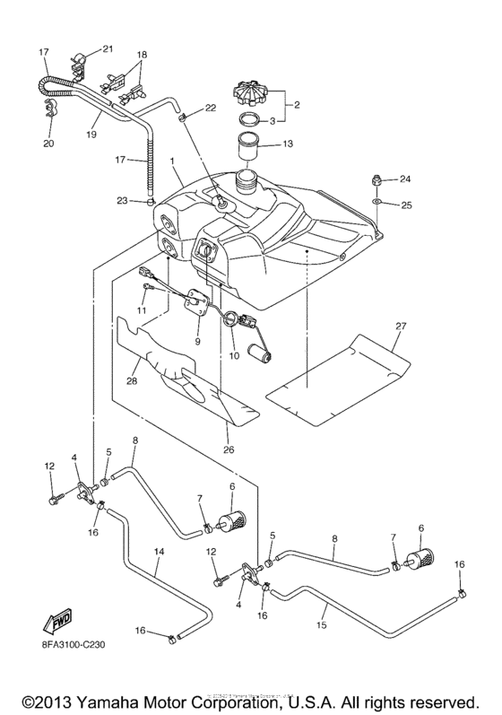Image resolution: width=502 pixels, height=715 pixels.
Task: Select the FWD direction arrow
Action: [x=56, y=621]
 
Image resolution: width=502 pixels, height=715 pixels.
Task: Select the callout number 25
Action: [x=406, y=205]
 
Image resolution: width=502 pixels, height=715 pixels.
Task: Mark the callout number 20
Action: [x=48, y=142]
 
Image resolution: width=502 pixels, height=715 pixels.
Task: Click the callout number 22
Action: [x=210, y=108]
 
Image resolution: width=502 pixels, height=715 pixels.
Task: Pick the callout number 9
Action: [x=196, y=341]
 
